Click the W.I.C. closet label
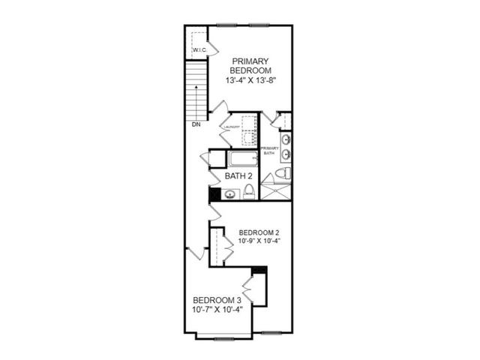(199, 50)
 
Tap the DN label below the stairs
(196, 124)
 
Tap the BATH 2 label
(239, 176)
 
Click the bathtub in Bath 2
(241, 159)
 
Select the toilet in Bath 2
(250, 193)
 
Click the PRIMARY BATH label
(270, 150)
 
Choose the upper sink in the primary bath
(285, 140)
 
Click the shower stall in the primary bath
(275, 192)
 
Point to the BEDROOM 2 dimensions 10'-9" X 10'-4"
(259, 242)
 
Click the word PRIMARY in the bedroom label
(250, 61)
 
